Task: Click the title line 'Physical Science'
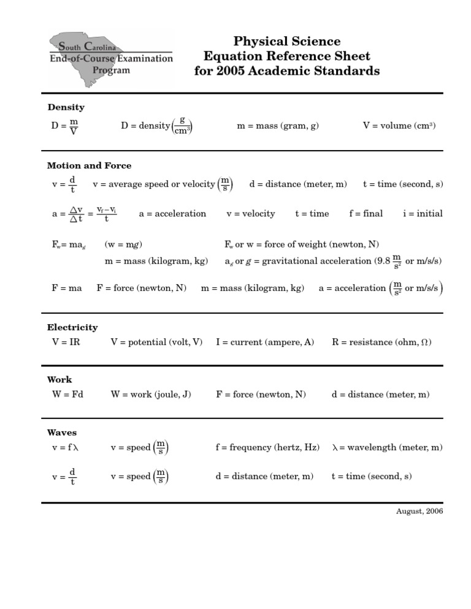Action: tap(286, 42)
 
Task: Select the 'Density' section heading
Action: tap(66, 107)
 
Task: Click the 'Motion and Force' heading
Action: tap(89, 165)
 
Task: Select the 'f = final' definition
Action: tap(366, 214)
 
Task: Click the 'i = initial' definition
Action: tap(423, 214)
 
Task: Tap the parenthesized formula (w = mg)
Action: tap(123, 244)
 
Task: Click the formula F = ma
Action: tap(67, 288)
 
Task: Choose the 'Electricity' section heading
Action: tap(72, 328)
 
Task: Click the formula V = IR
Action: tap(66, 342)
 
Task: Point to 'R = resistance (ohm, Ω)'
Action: tap(381, 342)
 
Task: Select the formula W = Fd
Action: tap(67, 395)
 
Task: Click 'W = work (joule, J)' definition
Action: tap(151, 395)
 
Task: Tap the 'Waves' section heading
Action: tap(62, 433)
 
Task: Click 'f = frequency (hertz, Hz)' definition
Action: tap(267, 448)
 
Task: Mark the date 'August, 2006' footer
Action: tap(419, 511)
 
